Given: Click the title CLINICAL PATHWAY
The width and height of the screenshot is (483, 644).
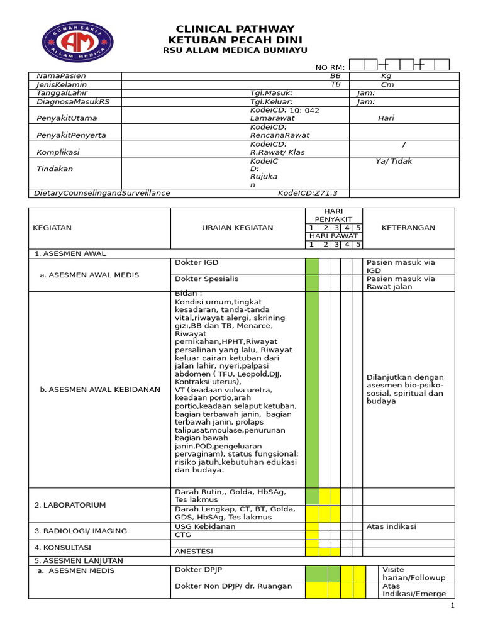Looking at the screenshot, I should (235, 29).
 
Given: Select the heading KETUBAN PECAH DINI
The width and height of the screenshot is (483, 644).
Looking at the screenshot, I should (235, 40).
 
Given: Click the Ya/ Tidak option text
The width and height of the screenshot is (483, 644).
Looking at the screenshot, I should (394, 161).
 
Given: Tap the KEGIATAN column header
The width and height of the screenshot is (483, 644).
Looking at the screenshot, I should (52, 228).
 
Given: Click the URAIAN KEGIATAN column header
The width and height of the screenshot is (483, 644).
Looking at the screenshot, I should (237, 228).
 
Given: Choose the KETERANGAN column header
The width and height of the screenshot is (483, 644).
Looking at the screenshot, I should (408, 228).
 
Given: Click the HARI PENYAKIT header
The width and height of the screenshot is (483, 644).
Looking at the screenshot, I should (333, 215).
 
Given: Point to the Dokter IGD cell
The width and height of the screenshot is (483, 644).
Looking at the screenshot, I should (197, 262).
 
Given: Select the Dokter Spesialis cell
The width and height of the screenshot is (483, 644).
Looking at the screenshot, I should (207, 279).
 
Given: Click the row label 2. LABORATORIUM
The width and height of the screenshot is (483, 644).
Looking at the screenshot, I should (70, 505).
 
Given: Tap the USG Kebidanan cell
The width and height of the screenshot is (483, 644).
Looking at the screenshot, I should (206, 526).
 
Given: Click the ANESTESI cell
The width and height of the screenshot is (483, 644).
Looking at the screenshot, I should (194, 552).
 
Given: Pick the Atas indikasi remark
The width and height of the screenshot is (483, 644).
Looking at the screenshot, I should (391, 526).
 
